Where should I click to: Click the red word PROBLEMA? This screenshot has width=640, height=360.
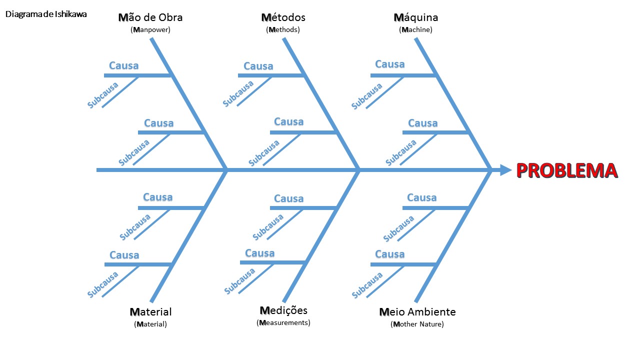tap(566, 170)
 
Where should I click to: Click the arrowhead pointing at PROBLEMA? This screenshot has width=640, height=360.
tap(505, 170)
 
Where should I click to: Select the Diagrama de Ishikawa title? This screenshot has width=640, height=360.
tap(46, 14)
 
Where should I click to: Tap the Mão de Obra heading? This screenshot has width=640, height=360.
tap(150, 17)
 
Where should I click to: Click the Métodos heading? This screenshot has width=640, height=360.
tap(283, 17)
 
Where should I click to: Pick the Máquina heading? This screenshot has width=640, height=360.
tap(416, 17)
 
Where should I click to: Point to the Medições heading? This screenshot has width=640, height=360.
tap(283, 310)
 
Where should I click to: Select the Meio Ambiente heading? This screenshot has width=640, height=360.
tap(417, 312)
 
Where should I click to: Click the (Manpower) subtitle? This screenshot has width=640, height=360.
tap(150, 30)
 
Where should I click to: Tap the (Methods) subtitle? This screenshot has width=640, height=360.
tap(283, 30)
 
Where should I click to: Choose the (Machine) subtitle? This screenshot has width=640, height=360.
tap(416, 30)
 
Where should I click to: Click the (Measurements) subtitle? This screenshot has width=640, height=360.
tap(283, 323)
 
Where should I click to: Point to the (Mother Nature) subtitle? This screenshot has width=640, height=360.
tap(417, 324)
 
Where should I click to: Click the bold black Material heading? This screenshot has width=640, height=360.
tap(150, 312)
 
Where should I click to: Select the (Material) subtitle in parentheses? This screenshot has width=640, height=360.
tap(150, 324)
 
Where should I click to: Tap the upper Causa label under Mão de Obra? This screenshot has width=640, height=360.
tap(124, 65)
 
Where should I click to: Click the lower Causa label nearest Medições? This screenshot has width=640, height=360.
tap(259, 253)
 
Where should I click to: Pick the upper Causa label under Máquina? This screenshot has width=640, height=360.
tap(390, 64)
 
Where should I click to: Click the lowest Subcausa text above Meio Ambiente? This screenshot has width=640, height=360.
tap(367, 285)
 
